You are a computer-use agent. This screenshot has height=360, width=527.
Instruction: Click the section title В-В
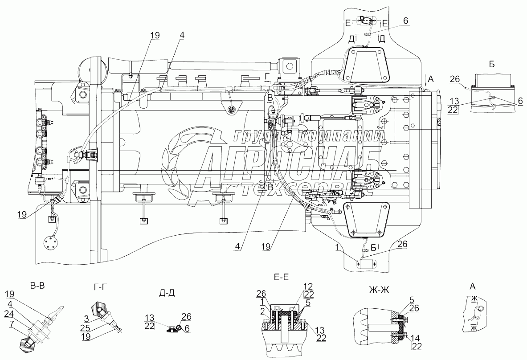pos(37,286)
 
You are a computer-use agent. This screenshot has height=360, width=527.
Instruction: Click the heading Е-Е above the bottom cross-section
pos(281,277)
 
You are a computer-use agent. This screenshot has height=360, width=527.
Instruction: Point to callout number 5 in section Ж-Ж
pos(412,299)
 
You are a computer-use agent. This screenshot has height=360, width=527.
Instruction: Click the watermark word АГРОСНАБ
pos(290,164)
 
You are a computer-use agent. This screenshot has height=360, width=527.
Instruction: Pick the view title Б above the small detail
pos(492,65)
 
